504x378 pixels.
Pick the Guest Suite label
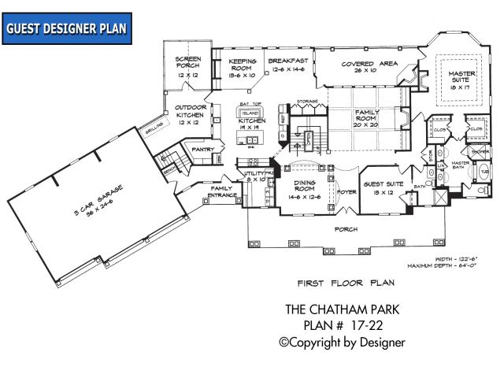[x=387, y=187]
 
